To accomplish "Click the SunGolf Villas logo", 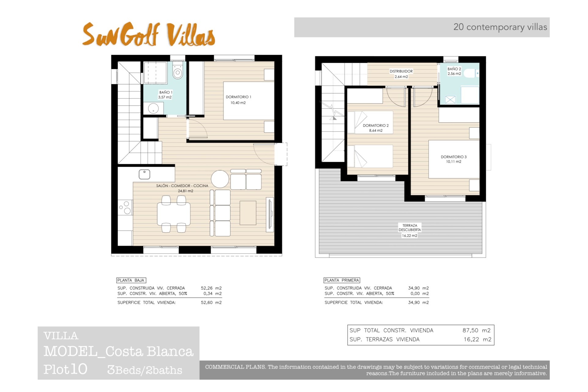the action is (x=149, y=35).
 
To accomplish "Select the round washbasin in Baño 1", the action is (x=153, y=108).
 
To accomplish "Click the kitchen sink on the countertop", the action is (x=145, y=174).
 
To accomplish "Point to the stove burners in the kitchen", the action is (x=125, y=207).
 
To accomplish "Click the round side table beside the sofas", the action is (x=220, y=179).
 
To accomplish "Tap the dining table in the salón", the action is (x=174, y=214).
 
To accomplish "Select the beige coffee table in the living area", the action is (x=248, y=213).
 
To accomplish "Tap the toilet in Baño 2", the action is (x=469, y=73).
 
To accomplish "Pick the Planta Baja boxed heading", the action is (x=131, y=280).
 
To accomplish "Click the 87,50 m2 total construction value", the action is (x=476, y=330).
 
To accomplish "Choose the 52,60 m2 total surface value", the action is (x=211, y=303).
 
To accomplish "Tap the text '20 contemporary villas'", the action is (x=500, y=27).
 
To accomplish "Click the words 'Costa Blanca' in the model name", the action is (x=149, y=352).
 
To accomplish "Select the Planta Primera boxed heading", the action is (x=342, y=280).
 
